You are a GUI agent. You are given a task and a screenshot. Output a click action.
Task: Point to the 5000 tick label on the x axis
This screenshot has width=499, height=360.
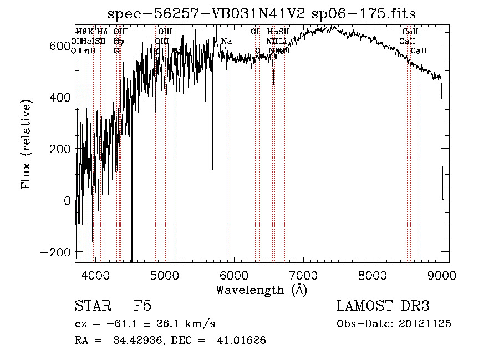pos(164,275)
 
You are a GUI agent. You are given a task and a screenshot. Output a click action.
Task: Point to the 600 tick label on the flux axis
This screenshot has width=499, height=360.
pos(59,46)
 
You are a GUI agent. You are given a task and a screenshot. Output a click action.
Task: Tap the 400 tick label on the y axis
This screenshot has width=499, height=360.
pos(59,98)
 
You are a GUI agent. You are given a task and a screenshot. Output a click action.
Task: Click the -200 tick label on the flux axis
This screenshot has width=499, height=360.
pos(55,252)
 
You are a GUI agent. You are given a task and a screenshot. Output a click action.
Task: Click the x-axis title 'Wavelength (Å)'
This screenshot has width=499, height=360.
pos(261,290)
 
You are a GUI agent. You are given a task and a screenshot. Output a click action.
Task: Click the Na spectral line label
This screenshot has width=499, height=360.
pos(226,42)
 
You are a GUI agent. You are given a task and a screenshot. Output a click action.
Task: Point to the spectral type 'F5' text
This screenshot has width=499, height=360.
pos(142,307)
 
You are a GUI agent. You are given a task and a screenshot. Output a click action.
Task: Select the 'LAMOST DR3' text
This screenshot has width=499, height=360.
pos(383,307)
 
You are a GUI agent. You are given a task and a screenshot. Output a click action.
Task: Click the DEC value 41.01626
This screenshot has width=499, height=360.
pos(243,341)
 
